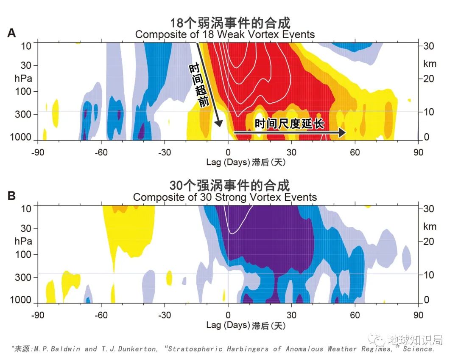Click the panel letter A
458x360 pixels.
pyautogui.click(x=11, y=33)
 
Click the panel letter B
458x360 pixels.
pyautogui.click(x=11, y=196)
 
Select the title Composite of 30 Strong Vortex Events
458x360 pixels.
pyautogui.click(x=225, y=197)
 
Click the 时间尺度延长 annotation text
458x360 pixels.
pyautogui.click(x=289, y=124)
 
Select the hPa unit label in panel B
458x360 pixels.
pyautogui.click(x=23, y=241)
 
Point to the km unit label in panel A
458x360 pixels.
pyautogui.click(x=430, y=64)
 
